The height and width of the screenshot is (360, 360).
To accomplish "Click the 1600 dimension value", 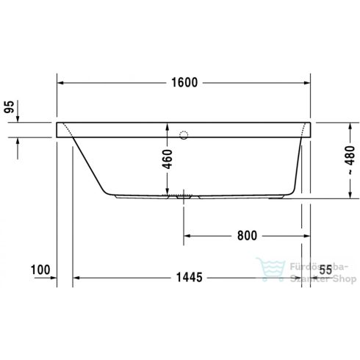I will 183,82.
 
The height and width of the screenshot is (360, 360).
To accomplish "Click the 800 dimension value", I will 247,236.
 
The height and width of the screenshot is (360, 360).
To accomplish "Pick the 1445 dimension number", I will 190,278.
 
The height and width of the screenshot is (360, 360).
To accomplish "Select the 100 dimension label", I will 40,270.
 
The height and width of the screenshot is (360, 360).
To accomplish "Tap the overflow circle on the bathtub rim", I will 184,135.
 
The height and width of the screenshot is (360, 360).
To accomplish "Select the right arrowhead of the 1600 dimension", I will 308,82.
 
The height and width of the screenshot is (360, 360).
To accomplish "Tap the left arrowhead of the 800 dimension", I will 187,236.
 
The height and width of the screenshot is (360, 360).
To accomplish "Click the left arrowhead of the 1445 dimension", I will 77,278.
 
